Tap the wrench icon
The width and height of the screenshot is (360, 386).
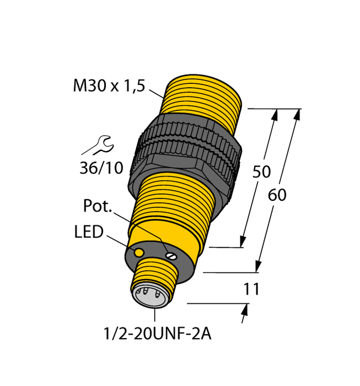tap(98, 145)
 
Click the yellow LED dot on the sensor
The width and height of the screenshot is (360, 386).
tap(138, 251)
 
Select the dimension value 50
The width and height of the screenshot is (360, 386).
tap(261, 172)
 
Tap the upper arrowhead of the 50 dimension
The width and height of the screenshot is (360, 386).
tap(275, 114)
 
